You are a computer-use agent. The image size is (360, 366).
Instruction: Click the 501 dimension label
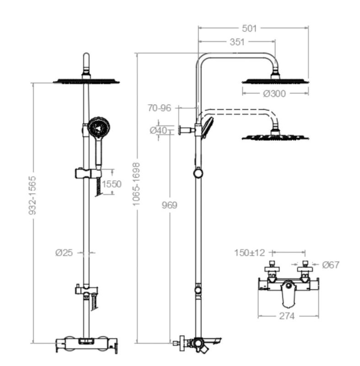(249, 28)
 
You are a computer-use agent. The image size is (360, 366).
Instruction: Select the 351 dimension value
(237, 42)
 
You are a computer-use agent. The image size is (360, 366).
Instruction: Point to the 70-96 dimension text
(159, 108)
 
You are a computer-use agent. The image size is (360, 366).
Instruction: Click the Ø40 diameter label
(158, 130)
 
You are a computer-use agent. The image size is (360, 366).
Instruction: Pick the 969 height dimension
(169, 205)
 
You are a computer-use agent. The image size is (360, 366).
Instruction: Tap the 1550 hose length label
(111, 184)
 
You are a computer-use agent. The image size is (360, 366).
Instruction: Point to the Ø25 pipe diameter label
(64, 252)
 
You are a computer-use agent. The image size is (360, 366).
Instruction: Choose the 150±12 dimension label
(249, 253)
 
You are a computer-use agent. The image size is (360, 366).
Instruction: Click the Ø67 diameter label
(331, 264)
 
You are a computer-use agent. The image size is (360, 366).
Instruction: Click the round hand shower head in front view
(98, 126)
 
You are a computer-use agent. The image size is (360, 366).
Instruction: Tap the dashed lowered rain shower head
(276, 136)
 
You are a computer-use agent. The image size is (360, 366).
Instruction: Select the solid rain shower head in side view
(275, 81)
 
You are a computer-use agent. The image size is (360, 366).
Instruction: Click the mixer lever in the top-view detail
(288, 293)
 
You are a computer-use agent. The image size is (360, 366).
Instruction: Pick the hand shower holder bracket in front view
(87, 173)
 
